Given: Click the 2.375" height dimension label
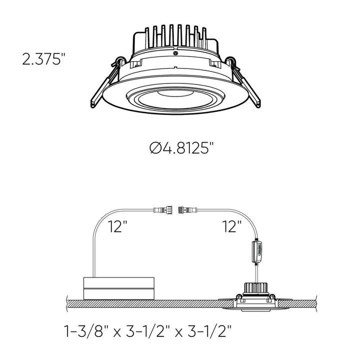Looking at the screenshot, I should pos(44,59).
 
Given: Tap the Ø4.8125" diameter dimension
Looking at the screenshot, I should pos(181,148).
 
